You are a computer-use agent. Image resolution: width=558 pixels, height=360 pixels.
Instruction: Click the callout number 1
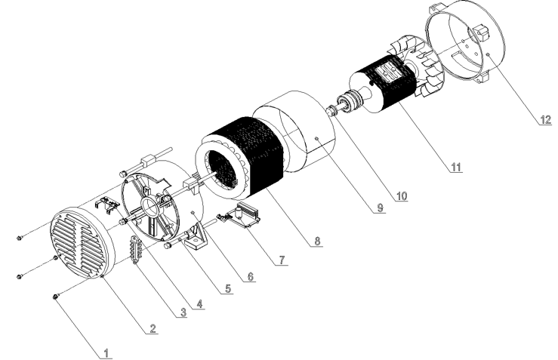106,353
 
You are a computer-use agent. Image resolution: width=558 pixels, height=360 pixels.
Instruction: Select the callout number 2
153,328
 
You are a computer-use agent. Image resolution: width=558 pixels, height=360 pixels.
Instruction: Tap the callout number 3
183,312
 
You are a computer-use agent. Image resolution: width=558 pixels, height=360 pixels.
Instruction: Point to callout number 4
199,304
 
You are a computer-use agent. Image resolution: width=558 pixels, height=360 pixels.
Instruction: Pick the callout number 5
228,288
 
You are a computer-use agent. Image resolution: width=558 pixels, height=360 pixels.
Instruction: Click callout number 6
251,276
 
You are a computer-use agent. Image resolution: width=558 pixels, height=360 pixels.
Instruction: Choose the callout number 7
282,260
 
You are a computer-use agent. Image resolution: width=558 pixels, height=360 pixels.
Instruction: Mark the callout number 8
317,241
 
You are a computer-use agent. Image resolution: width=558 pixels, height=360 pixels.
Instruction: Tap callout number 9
380,208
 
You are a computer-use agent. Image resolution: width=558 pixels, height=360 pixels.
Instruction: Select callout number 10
402,196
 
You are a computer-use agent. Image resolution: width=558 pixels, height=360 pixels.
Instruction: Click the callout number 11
456,167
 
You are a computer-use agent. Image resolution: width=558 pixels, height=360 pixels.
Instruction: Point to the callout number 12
546,119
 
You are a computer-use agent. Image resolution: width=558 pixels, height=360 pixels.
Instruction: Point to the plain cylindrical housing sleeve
294,131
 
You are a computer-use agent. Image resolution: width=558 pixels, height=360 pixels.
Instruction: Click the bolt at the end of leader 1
56,297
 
